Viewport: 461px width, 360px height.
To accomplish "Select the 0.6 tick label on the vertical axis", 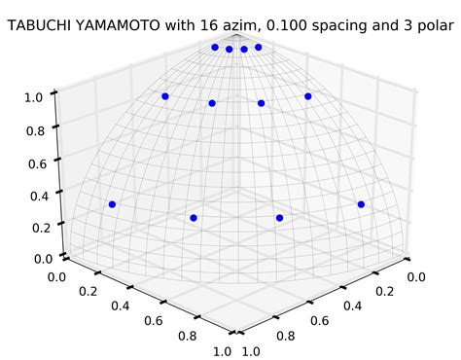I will (38, 164).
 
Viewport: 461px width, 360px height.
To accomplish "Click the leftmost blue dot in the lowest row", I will (113, 204).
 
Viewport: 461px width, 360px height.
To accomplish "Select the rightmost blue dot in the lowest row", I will (361, 204).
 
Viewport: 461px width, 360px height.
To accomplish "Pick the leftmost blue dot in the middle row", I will (165, 96).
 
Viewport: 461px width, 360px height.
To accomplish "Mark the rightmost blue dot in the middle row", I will (307, 96).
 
